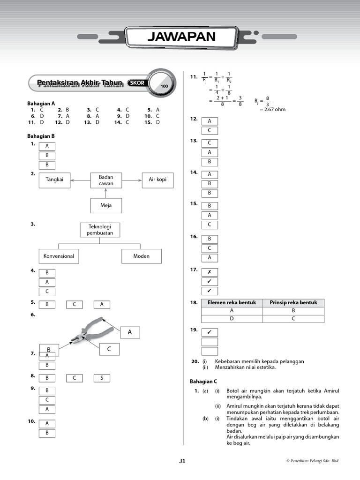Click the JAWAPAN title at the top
(x=182, y=37)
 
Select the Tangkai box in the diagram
(x=54, y=180)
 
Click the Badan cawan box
(x=106, y=180)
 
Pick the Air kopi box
(x=157, y=180)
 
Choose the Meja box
(x=106, y=205)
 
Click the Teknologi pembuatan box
(x=100, y=230)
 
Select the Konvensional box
(x=59, y=256)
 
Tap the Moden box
(x=142, y=256)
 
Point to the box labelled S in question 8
(x=102, y=378)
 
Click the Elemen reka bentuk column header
(x=232, y=303)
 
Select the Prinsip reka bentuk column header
(x=293, y=303)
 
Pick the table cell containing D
(x=232, y=319)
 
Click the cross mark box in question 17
(x=210, y=272)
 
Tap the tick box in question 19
(x=210, y=332)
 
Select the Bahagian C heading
(x=203, y=382)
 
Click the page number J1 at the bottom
(x=182, y=461)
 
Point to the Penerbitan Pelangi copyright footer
(x=312, y=461)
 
